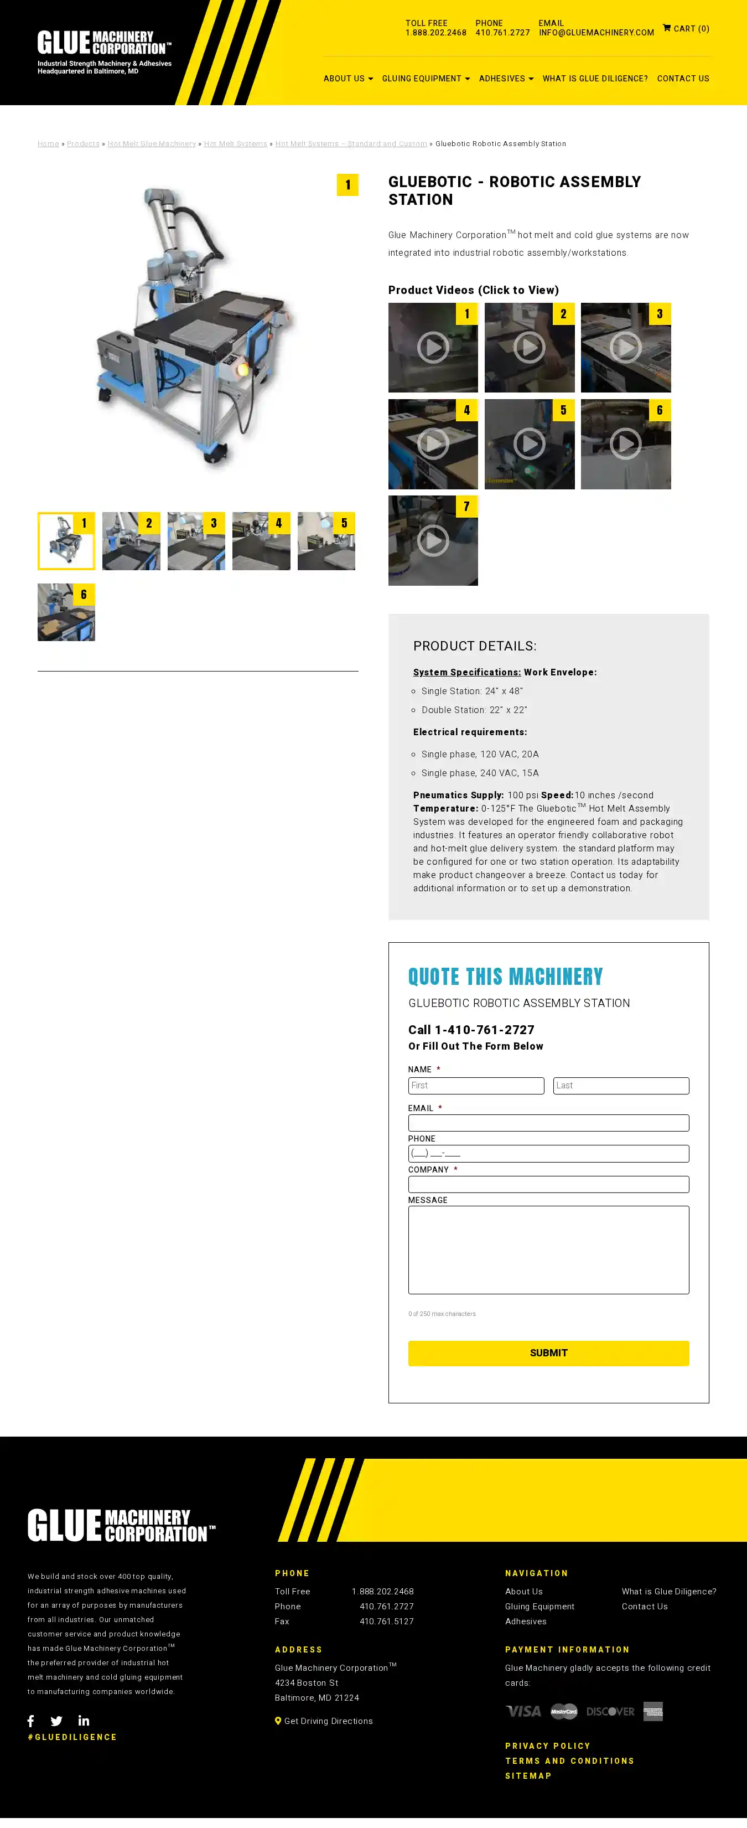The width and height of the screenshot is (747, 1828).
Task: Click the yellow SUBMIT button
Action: click(548, 1352)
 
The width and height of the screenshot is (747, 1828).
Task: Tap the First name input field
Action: click(475, 1085)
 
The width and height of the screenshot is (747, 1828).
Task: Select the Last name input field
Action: click(620, 1085)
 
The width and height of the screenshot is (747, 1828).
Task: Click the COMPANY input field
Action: click(548, 1184)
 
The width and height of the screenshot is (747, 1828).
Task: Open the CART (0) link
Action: click(686, 28)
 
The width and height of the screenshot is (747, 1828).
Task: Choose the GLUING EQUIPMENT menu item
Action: click(426, 79)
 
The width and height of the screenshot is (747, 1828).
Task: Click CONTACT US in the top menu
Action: click(682, 79)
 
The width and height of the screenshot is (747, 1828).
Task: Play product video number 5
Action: click(529, 444)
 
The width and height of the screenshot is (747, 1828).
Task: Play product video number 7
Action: click(433, 541)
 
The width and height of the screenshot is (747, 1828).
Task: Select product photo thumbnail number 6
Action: click(66, 612)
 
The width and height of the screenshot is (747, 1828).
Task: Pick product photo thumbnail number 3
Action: click(196, 541)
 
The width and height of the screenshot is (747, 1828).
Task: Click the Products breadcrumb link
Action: click(83, 144)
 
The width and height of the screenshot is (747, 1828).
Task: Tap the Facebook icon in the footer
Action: click(30, 1721)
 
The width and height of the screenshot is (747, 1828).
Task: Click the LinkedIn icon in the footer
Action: click(84, 1721)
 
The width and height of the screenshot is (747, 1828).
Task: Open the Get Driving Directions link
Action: click(328, 1721)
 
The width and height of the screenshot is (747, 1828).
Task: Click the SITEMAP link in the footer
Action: click(528, 1775)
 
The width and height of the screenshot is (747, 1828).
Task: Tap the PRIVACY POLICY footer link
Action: click(547, 1746)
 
